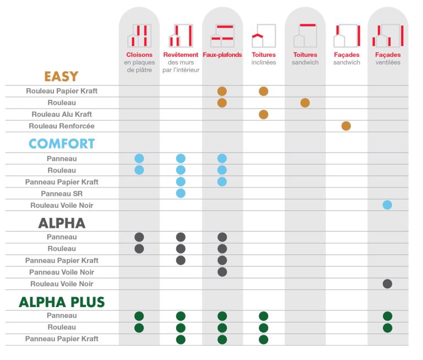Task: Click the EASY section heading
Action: [x=61, y=77]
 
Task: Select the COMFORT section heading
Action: [x=62, y=144]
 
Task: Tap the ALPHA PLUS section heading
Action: [x=62, y=302]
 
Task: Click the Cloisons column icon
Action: [x=139, y=36]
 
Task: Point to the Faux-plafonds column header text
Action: [x=223, y=55]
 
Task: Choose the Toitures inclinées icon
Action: [x=264, y=36]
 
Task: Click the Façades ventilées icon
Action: [x=388, y=36]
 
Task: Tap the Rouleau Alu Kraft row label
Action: [x=62, y=115]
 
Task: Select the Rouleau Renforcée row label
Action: [x=62, y=126]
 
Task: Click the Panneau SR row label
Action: [x=62, y=194]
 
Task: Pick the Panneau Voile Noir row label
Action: [x=62, y=272]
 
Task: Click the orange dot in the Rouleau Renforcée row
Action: [x=346, y=126]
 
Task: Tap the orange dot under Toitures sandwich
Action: [x=305, y=103]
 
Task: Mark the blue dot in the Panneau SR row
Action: [x=181, y=194]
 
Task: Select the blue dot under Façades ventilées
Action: [x=387, y=205]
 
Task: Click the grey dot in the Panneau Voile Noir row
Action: [x=222, y=272]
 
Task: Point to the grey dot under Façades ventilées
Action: [x=387, y=284]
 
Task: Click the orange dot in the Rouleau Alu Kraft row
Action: [x=264, y=115]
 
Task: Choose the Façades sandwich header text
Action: [x=346, y=58]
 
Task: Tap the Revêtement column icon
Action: [x=181, y=36]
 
